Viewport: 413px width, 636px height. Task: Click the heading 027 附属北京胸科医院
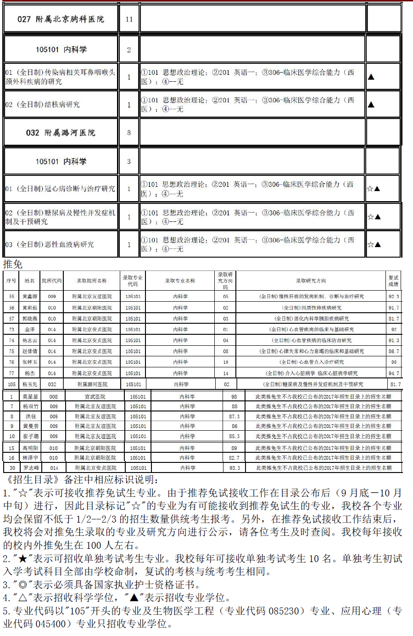pos(61,19)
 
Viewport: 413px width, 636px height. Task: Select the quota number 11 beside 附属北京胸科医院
pos(129,19)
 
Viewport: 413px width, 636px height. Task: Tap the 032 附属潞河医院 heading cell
pos(61,133)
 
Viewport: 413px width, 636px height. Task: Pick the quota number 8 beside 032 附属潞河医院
pos(129,133)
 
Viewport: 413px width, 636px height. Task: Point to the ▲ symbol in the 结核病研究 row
pos(371,105)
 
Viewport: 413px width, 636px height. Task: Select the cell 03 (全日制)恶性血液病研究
pos(50,245)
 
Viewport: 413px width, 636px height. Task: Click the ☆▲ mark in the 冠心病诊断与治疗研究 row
pos(374,189)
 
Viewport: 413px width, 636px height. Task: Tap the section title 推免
pos(13,264)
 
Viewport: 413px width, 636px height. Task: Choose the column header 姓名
pos(30,281)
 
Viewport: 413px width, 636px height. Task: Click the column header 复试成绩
pos(394,281)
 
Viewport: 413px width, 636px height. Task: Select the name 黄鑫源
pos(30,297)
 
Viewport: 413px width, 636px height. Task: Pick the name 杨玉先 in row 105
pos(30,384)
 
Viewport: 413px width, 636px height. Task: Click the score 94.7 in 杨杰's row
pos(394,373)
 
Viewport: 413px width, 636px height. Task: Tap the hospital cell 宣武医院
pos(95,396)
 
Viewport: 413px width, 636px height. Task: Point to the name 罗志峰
pos(31,467)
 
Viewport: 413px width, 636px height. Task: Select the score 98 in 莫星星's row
pos(234,396)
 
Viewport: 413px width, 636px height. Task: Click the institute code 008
pos(54,396)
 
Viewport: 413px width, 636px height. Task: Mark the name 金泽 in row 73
pos(30,329)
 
